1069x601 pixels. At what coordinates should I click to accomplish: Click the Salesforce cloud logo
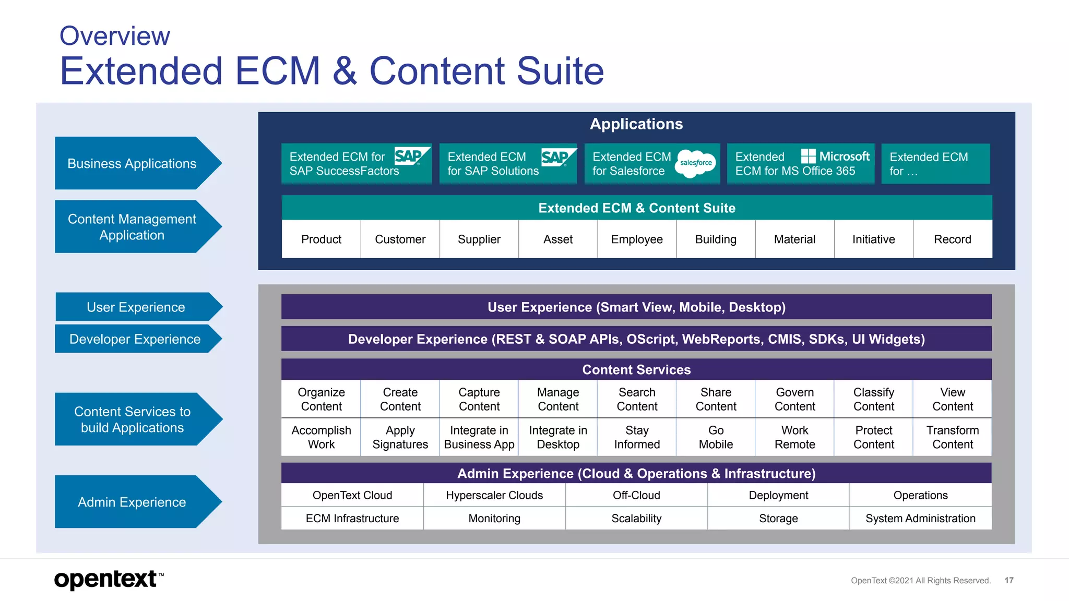[696, 163]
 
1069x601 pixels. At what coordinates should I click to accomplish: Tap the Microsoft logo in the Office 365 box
[835, 156]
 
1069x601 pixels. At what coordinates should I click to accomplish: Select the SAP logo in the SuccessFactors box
[411, 156]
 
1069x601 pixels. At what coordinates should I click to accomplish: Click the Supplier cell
[479, 239]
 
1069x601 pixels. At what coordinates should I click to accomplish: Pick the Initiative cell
[873, 239]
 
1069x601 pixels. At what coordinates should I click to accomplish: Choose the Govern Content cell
[794, 399]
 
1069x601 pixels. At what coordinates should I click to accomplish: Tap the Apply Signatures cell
[400, 437]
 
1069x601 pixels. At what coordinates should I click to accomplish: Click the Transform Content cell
[953, 437]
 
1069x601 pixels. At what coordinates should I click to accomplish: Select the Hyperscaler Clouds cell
[494, 495]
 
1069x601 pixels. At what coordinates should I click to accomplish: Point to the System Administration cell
[920, 519]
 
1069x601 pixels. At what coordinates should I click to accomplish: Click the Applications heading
[636, 124]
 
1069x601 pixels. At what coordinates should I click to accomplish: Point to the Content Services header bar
[636, 369]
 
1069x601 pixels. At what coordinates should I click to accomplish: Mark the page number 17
[1009, 580]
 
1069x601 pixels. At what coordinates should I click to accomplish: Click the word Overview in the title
[115, 36]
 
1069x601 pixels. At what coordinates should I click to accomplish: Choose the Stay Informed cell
[637, 437]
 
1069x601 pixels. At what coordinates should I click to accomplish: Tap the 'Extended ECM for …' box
[935, 164]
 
